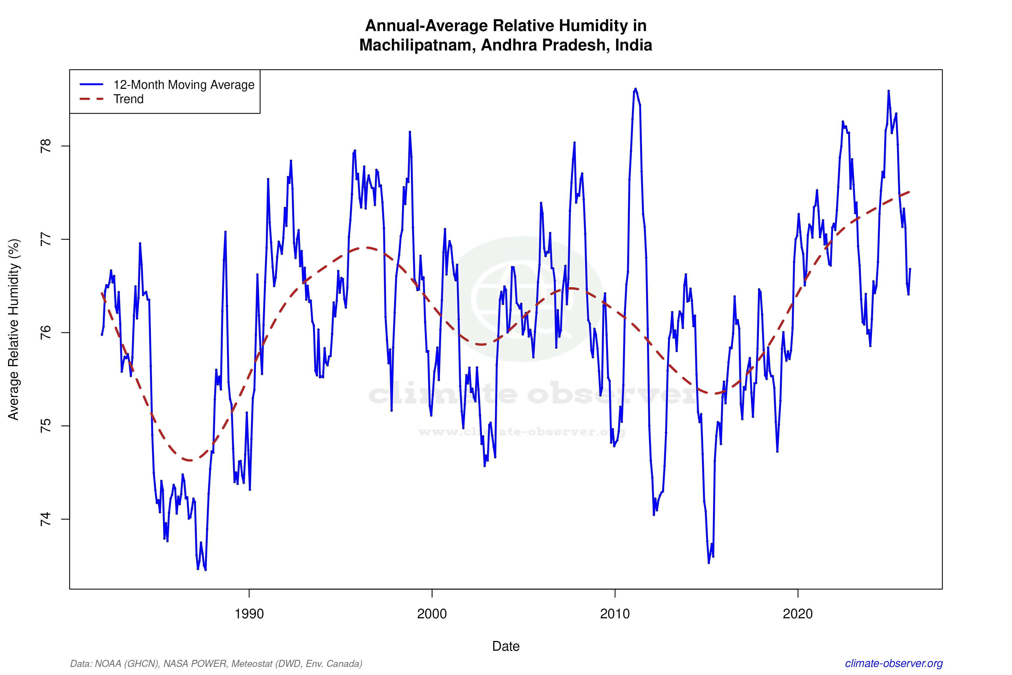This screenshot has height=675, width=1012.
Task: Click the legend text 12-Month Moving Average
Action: tap(184, 85)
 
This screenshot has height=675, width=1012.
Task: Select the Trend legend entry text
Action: tap(128, 99)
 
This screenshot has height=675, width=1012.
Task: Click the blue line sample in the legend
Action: tap(92, 84)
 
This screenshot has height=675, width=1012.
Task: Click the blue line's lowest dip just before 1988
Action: tap(205, 569)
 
